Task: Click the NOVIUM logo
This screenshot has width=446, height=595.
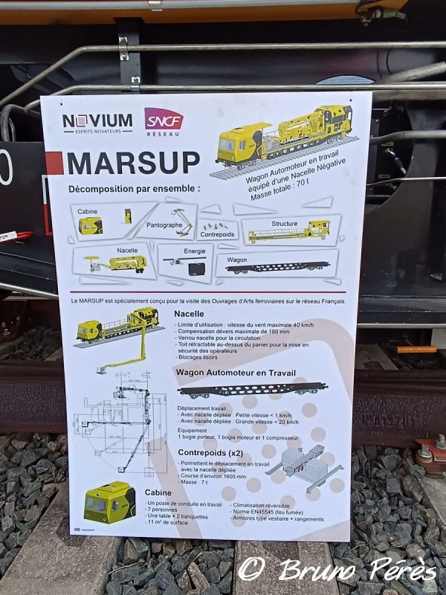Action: [97, 122]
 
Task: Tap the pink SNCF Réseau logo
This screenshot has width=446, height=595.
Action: [164, 120]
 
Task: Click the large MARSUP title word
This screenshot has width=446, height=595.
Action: [133, 163]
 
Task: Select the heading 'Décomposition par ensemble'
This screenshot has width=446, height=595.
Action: [135, 189]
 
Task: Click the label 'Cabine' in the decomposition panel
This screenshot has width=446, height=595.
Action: [87, 212]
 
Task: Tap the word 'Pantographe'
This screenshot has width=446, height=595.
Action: [164, 224]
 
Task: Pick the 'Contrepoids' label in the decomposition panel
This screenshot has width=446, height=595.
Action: [217, 234]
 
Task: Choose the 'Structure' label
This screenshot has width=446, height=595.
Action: [284, 223]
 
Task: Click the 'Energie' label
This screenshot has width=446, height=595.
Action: [195, 251]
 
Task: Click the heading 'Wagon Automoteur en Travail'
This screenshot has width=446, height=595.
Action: [236, 373]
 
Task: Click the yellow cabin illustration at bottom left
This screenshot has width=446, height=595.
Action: [109, 503]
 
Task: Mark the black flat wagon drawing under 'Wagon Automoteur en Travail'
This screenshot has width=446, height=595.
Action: [252, 389]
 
